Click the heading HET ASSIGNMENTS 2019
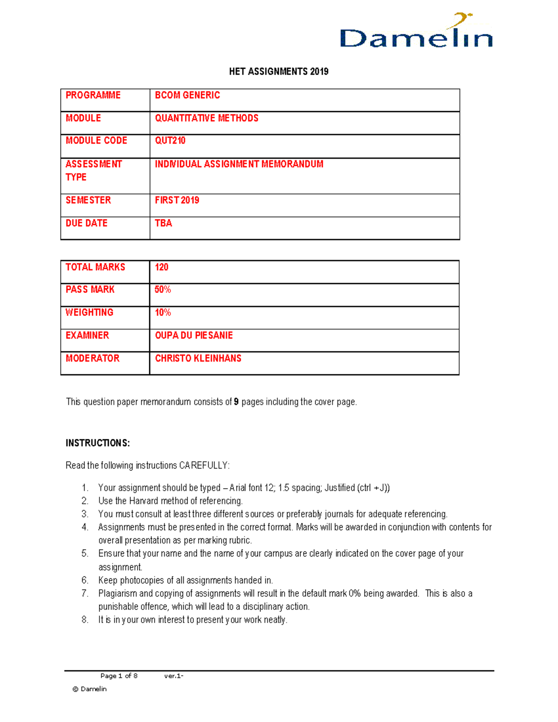click(x=279, y=72)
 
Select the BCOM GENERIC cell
click(x=187, y=95)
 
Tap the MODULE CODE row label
click(x=96, y=141)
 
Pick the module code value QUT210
click(x=170, y=141)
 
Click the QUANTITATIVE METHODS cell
click(x=206, y=119)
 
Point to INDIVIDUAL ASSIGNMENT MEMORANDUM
click(x=239, y=164)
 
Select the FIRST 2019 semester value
click(x=177, y=200)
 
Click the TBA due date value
click(x=164, y=223)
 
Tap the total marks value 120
click(x=161, y=267)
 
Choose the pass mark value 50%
click(x=163, y=290)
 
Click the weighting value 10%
click(x=163, y=312)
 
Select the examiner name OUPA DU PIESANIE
click(x=194, y=336)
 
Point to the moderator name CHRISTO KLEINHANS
click(x=198, y=358)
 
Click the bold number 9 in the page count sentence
click(x=236, y=402)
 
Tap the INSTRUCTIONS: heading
click(x=98, y=443)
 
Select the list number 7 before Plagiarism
click(x=85, y=594)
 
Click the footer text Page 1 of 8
click(x=119, y=676)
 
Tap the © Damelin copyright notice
click(x=90, y=689)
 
